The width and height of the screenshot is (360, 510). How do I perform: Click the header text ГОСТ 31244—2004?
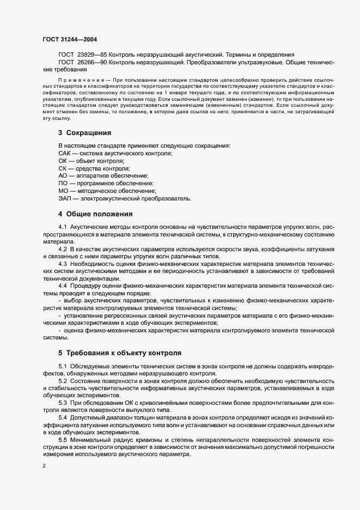(x=70, y=39)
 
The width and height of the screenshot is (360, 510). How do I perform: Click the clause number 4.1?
(x=63, y=226)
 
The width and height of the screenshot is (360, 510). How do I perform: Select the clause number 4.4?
(x=63, y=285)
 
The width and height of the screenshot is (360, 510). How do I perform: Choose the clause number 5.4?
(x=63, y=417)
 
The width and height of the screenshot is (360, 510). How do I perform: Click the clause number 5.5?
(x=63, y=439)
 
